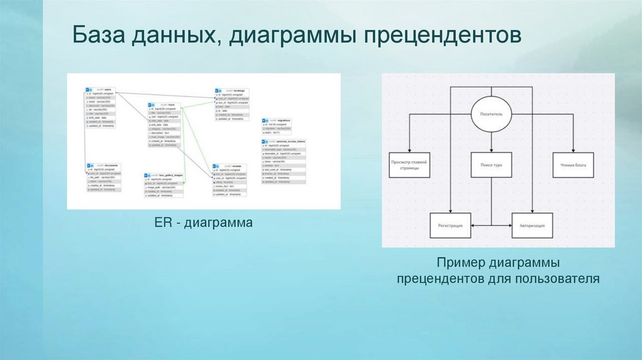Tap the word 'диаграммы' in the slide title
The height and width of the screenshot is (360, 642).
click(x=287, y=34)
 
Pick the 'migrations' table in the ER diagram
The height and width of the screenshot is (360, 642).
click(x=276, y=125)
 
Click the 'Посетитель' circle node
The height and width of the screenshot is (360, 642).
click(x=492, y=115)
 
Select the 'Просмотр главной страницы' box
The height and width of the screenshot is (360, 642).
click(x=409, y=165)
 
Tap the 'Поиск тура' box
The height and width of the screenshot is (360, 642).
click(x=492, y=165)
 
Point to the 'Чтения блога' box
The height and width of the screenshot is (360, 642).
click(x=573, y=165)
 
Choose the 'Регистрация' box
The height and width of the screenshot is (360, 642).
click(x=450, y=225)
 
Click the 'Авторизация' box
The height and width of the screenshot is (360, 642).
click(x=532, y=225)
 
